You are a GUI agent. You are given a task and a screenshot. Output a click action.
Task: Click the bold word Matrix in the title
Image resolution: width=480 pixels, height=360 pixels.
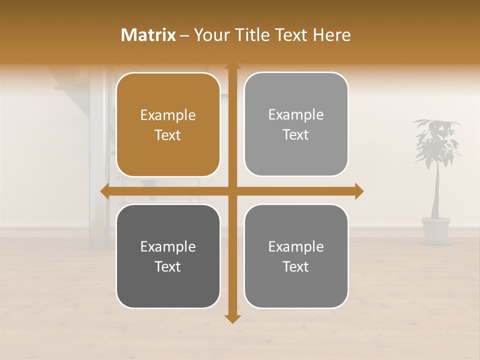click(148, 35)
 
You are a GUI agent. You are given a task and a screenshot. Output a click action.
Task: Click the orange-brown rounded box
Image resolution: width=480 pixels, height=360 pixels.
click(168, 124)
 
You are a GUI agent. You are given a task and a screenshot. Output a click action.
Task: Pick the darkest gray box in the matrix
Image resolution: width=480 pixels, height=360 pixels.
click(168, 256)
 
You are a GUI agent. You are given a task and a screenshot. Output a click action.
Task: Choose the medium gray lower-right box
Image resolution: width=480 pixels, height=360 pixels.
click(296, 256)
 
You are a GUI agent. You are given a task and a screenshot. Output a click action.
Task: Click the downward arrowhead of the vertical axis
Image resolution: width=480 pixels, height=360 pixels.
click(232, 319)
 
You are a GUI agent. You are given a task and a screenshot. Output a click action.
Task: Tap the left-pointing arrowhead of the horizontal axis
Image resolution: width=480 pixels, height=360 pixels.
click(104, 191)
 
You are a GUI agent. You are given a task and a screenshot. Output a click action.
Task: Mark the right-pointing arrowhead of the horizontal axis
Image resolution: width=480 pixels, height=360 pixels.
click(359, 191)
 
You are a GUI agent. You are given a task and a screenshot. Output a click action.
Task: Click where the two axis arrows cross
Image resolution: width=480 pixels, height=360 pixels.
click(232, 191)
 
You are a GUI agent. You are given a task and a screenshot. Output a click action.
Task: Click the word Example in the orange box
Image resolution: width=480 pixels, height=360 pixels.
click(168, 115)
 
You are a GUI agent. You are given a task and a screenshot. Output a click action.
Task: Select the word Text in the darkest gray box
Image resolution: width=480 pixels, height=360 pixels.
click(168, 266)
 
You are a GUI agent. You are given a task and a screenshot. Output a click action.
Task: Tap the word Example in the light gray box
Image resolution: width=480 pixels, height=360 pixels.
click(296, 115)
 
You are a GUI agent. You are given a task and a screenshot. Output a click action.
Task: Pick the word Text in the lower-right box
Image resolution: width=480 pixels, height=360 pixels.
click(296, 266)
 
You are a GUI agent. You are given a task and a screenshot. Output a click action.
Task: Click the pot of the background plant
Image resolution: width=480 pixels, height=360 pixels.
click(435, 229)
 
